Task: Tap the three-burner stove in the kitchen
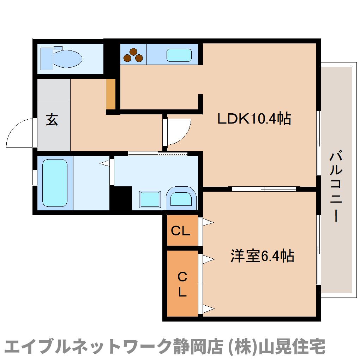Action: (x=134, y=55)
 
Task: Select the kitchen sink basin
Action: (x=179, y=55)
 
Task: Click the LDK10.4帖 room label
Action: (x=254, y=119)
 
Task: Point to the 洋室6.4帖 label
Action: (x=262, y=256)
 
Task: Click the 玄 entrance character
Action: (x=52, y=120)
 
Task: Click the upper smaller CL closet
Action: (x=181, y=231)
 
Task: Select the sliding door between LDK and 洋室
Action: (x=264, y=189)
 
